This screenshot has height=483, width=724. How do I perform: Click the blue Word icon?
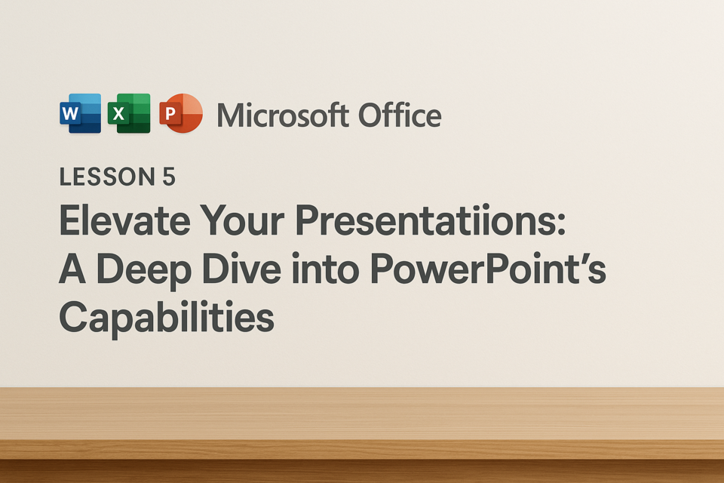click(x=81, y=113)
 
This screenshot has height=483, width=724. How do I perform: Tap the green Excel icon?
click(x=129, y=113)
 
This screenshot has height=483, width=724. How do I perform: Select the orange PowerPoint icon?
click(x=181, y=113)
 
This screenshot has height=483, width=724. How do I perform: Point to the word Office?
click(x=400, y=115)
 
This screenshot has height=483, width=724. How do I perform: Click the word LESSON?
click(x=107, y=177)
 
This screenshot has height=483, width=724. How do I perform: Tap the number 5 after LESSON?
click(x=169, y=177)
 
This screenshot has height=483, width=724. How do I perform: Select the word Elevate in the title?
click(x=124, y=220)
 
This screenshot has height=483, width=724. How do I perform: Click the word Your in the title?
click(x=242, y=221)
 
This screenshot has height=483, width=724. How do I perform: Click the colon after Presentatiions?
click(x=561, y=225)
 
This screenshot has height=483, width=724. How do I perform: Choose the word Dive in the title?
click(x=241, y=269)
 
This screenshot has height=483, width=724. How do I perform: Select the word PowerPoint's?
click(x=488, y=269)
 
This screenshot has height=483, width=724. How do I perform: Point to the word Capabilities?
click(x=167, y=318)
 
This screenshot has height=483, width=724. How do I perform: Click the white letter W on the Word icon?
click(x=69, y=113)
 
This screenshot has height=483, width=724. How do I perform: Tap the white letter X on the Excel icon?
click(x=118, y=113)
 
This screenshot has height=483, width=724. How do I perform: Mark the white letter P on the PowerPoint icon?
click(x=170, y=113)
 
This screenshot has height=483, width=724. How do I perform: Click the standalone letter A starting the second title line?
click(x=72, y=269)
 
